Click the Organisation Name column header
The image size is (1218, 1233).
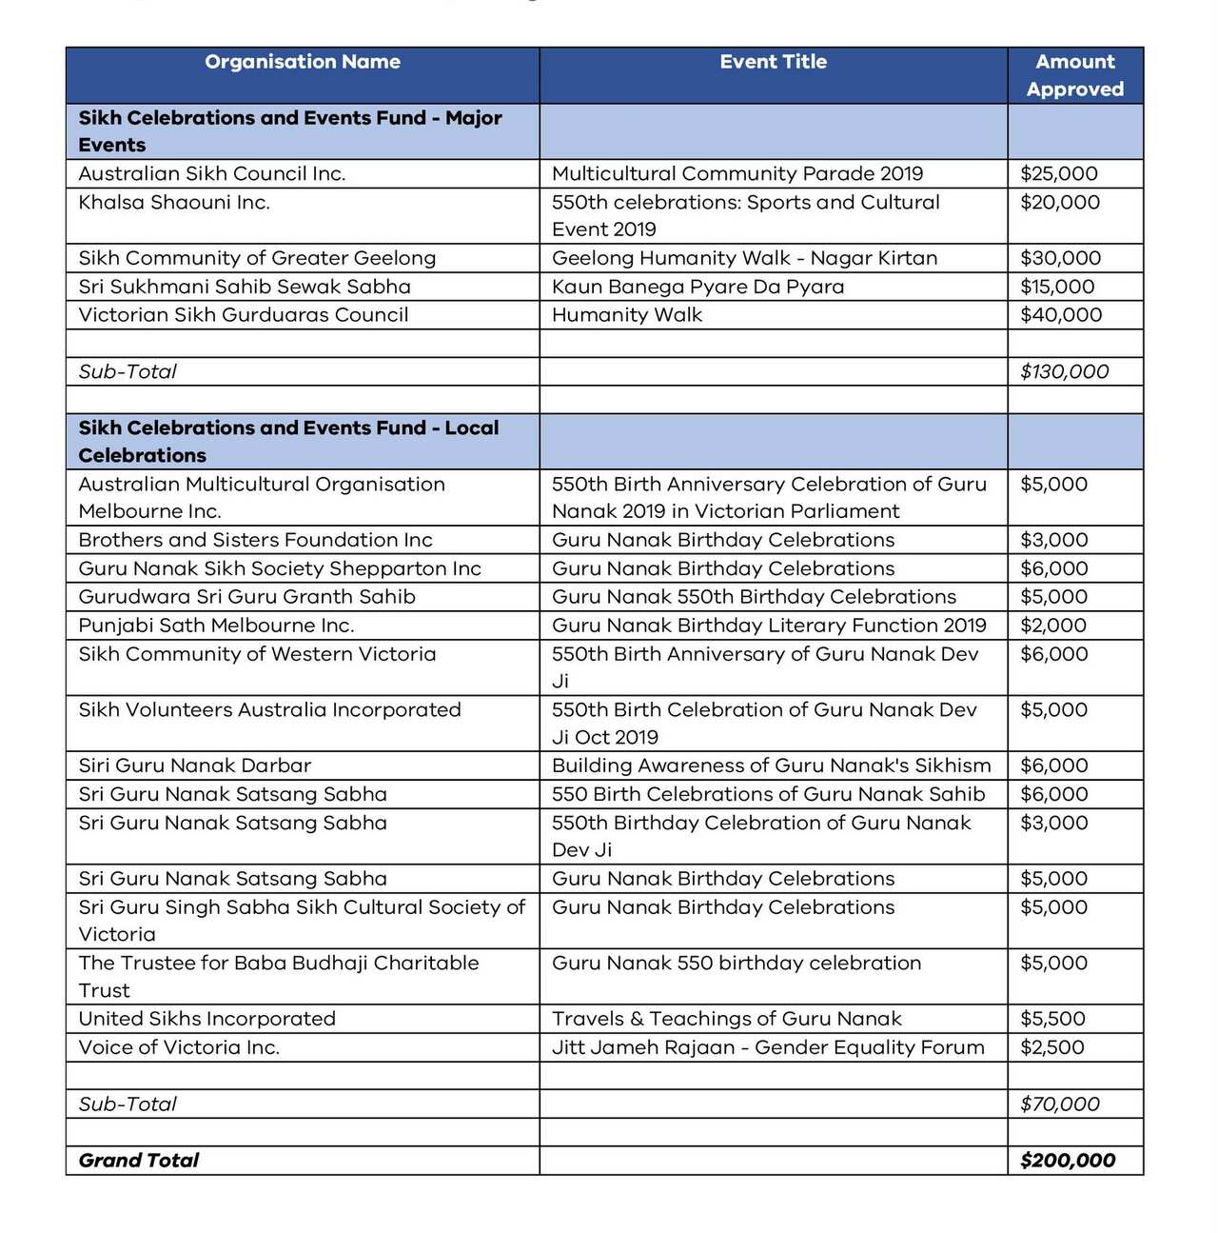303,63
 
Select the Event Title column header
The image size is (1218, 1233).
773,63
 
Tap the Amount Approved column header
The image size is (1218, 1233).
1074,75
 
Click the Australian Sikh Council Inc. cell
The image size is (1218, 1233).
212,174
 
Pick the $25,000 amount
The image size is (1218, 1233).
1059,174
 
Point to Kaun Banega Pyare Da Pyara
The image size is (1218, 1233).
697,287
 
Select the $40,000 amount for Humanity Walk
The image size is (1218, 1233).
1061,315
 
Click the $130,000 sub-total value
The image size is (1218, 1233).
1064,372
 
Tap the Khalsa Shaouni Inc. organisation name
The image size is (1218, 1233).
174,203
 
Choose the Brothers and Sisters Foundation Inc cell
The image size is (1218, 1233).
255,540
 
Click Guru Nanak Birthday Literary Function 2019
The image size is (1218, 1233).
769,626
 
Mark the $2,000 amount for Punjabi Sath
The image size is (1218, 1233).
1053,626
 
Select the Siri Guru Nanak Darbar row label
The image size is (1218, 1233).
195,766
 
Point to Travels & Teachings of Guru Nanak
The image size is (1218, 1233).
727,1019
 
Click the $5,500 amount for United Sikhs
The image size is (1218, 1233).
1052,1019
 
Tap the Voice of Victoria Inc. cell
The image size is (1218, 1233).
179,1047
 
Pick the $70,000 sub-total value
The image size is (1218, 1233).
1059,1104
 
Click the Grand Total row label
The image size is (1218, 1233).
139,1161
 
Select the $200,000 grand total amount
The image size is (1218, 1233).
1068,1161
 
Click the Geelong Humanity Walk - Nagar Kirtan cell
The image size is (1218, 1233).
744,258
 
